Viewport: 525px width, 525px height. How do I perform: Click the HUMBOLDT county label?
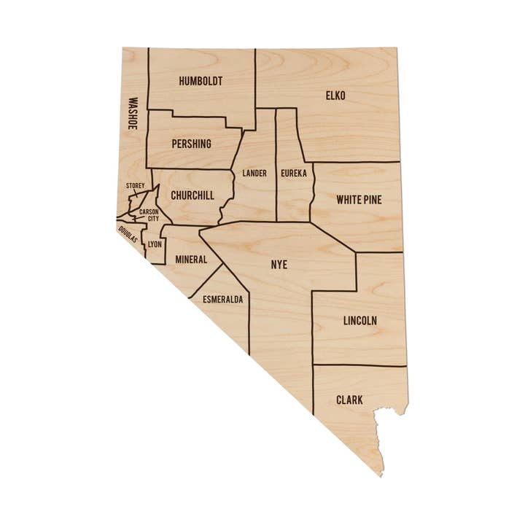[x=201, y=81]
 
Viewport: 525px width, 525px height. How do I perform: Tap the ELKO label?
[x=335, y=96]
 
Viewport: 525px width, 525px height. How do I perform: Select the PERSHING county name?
[x=192, y=144]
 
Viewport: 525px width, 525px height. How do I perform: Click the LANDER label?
[x=254, y=174]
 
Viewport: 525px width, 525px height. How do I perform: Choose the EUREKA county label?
[x=294, y=174]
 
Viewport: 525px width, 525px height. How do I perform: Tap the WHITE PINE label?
[x=359, y=199]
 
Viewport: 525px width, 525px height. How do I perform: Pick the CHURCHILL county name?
[x=192, y=195]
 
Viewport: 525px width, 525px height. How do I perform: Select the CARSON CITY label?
[x=149, y=215]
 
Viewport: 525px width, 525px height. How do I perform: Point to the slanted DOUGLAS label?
[x=128, y=234]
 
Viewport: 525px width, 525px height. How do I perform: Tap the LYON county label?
[x=155, y=244]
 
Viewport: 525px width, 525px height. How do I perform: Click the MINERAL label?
[x=191, y=259]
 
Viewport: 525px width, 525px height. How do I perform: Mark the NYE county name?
[x=279, y=265]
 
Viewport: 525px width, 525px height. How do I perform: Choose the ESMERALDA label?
[x=223, y=299]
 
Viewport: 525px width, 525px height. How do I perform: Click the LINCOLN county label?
[x=359, y=320]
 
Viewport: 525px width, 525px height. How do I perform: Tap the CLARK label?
[x=349, y=400]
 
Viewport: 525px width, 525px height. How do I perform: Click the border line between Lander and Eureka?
[x=276, y=168]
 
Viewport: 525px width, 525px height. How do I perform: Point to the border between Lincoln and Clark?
[x=357, y=365]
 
